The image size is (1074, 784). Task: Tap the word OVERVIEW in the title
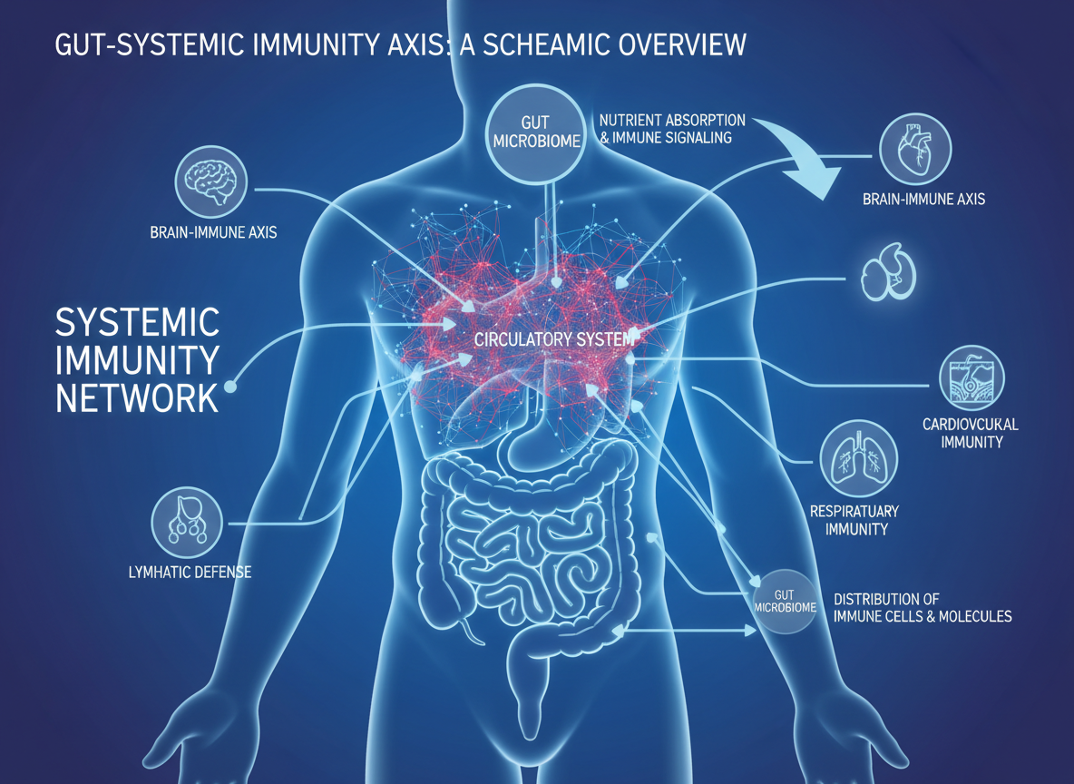click(674, 44)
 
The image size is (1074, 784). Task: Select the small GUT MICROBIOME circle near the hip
click(785, 601)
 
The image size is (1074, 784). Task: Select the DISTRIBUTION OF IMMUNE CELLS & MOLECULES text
click(922, 607)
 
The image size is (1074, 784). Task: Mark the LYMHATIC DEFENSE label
click(190, 573)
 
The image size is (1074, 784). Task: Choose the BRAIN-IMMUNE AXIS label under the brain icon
click(212, 233)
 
